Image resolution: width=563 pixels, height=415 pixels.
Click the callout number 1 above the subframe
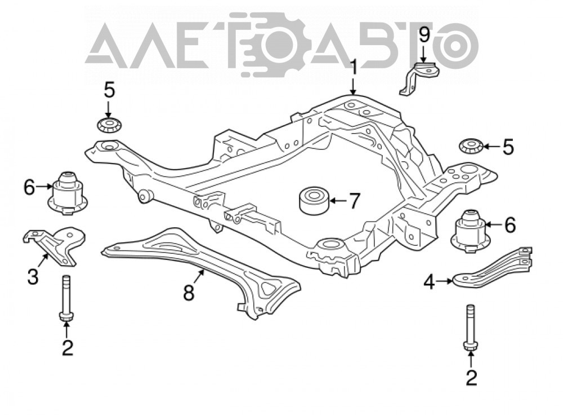[354, 68]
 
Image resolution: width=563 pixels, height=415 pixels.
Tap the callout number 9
[424, 36]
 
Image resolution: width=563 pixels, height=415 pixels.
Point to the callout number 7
[354, 201]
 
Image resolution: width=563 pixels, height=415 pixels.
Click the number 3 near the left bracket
[33, 277]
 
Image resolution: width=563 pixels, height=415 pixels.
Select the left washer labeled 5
[109, 125]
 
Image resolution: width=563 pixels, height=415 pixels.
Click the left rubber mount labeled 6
[68, 193]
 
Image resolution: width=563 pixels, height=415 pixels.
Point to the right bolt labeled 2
[470, 328]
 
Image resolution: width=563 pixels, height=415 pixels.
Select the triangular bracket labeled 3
[55, 245]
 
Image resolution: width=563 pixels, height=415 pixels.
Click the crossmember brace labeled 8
[201, 272]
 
